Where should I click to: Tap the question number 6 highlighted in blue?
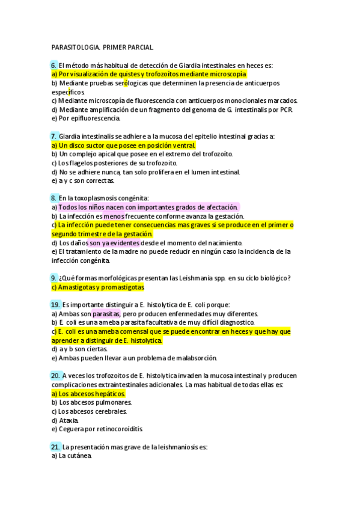54,64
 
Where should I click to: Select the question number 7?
54,136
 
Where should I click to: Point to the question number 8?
54,198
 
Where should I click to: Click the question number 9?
54,278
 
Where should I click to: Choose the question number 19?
55,304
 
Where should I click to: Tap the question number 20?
55,375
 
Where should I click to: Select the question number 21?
55,447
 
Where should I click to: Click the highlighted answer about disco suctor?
124,146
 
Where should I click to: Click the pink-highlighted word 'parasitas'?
106,313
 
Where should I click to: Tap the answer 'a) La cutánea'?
72,456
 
